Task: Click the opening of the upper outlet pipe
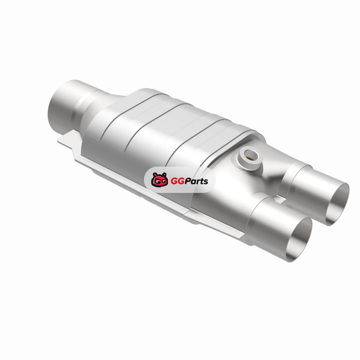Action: coord(337,204)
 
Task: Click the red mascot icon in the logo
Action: coord(159,180)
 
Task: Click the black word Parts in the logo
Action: coord(196,181)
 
